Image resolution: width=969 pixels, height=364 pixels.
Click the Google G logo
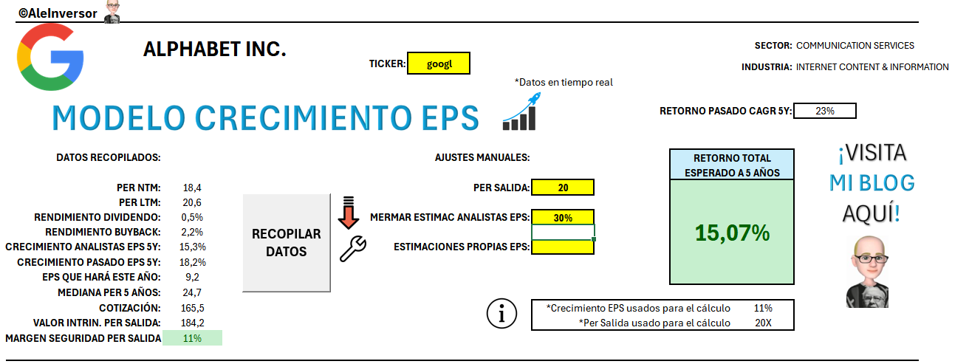(50, 56)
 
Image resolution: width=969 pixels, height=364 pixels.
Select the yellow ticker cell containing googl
(438, 63)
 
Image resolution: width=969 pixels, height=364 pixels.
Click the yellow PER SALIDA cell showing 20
(562, 188)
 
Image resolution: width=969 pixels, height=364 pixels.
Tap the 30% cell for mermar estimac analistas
(562, 217)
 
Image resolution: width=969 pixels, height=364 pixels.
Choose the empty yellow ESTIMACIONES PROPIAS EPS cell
(562, 247)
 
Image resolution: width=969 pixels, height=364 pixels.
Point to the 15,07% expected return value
(732, 233)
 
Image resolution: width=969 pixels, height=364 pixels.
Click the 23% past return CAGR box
(824, 111)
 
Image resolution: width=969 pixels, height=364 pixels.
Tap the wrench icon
(352, 249)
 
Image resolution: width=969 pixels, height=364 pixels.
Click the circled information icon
(501, 314)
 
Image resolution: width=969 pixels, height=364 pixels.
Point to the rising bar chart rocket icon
(519, 115)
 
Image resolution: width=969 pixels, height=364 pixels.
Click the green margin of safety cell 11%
(192, 338)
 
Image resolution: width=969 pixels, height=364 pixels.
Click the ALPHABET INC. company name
(214, 49)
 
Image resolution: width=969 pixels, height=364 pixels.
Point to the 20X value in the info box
(763, 323)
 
